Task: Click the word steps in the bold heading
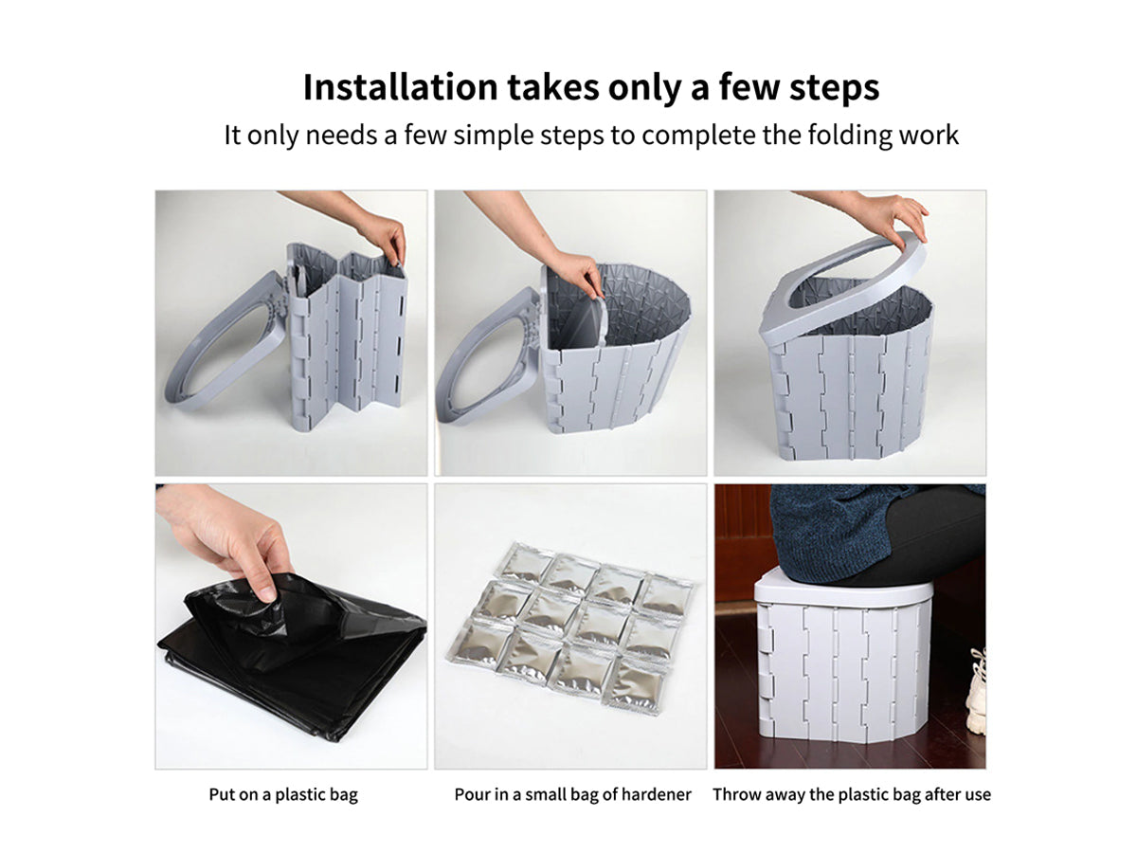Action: click(834, 88)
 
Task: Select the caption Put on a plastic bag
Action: click(282, 794)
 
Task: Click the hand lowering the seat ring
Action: click(891, 217)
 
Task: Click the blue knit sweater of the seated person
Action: click(834, 534)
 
